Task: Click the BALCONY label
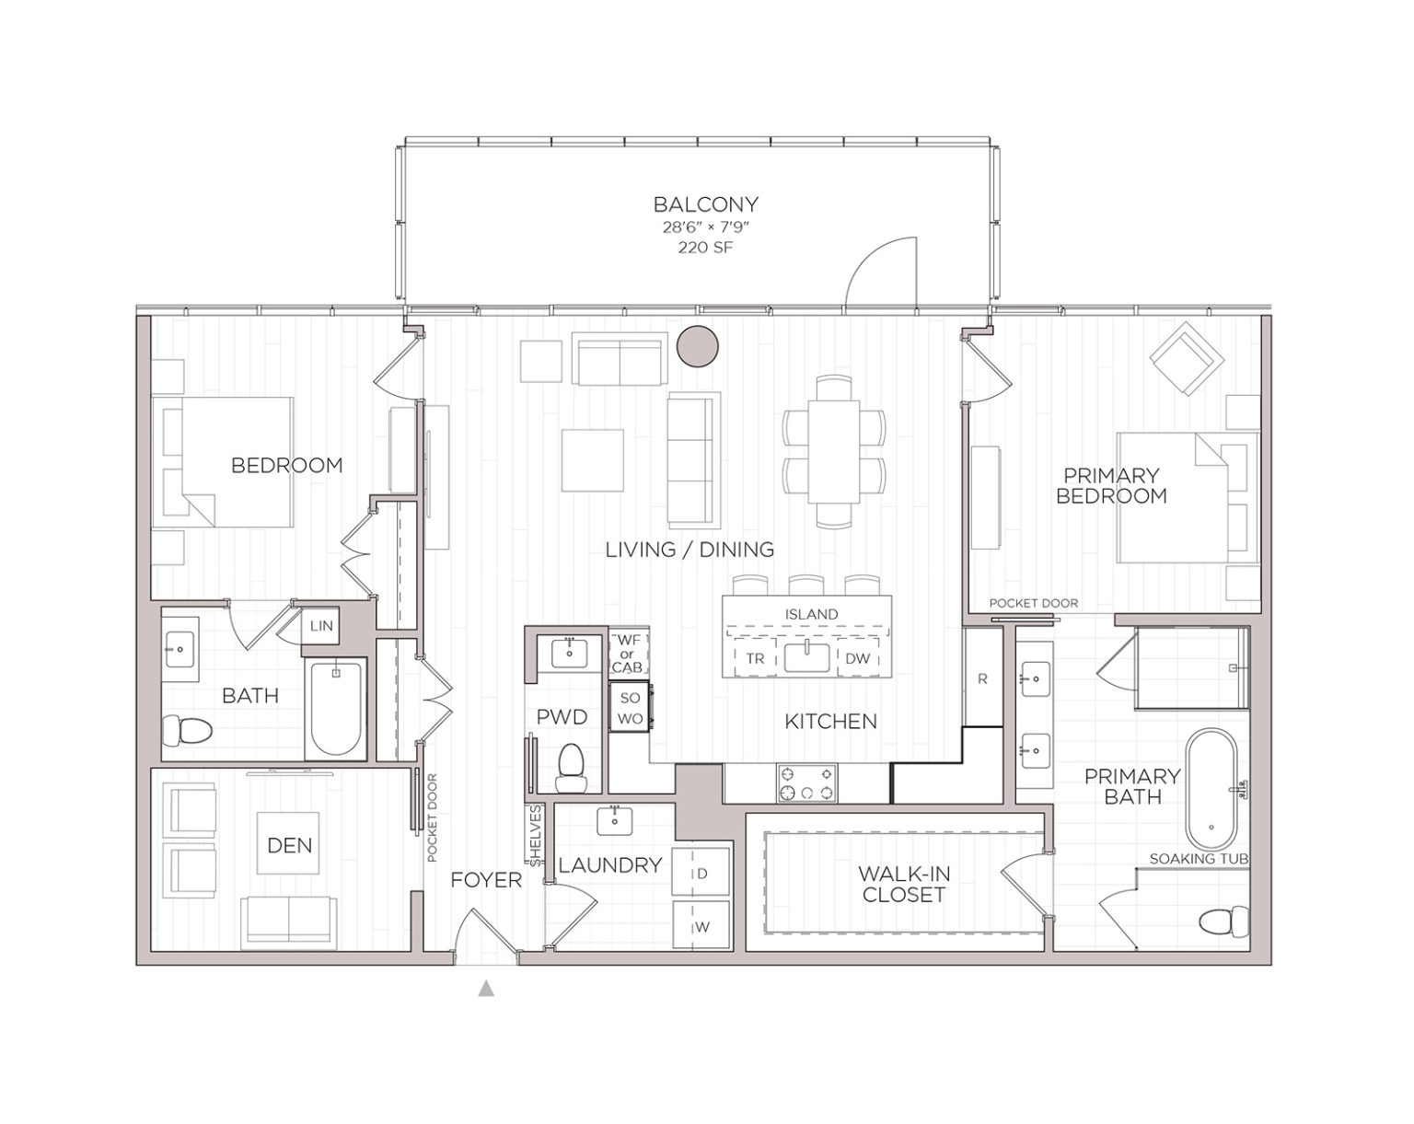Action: pos(705,204)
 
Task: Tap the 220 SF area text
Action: pos(705,248)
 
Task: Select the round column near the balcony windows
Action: pos(698,346)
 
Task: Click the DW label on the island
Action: pos(857,658)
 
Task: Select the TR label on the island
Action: pos(755,658)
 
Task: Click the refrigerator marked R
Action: pos(982,678)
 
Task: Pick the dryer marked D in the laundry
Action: pos(701,873)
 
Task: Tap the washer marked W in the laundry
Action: pos(701,926)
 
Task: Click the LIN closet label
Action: pos(321,626)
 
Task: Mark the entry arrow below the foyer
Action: pos(486,990)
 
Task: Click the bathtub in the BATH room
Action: pos(335,707)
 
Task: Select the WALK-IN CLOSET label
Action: pos(903,884)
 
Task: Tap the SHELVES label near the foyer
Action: pos(535,835)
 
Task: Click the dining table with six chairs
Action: pos(834,451)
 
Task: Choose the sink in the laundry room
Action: pos(614,820)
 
